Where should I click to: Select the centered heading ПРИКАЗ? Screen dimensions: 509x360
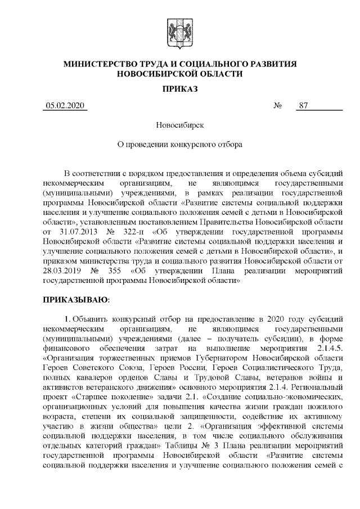179,89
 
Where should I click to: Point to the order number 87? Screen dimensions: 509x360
304,105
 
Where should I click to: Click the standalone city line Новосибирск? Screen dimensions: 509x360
179,125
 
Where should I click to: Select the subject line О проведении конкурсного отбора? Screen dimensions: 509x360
179,144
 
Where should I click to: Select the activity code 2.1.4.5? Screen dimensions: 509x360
327,348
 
